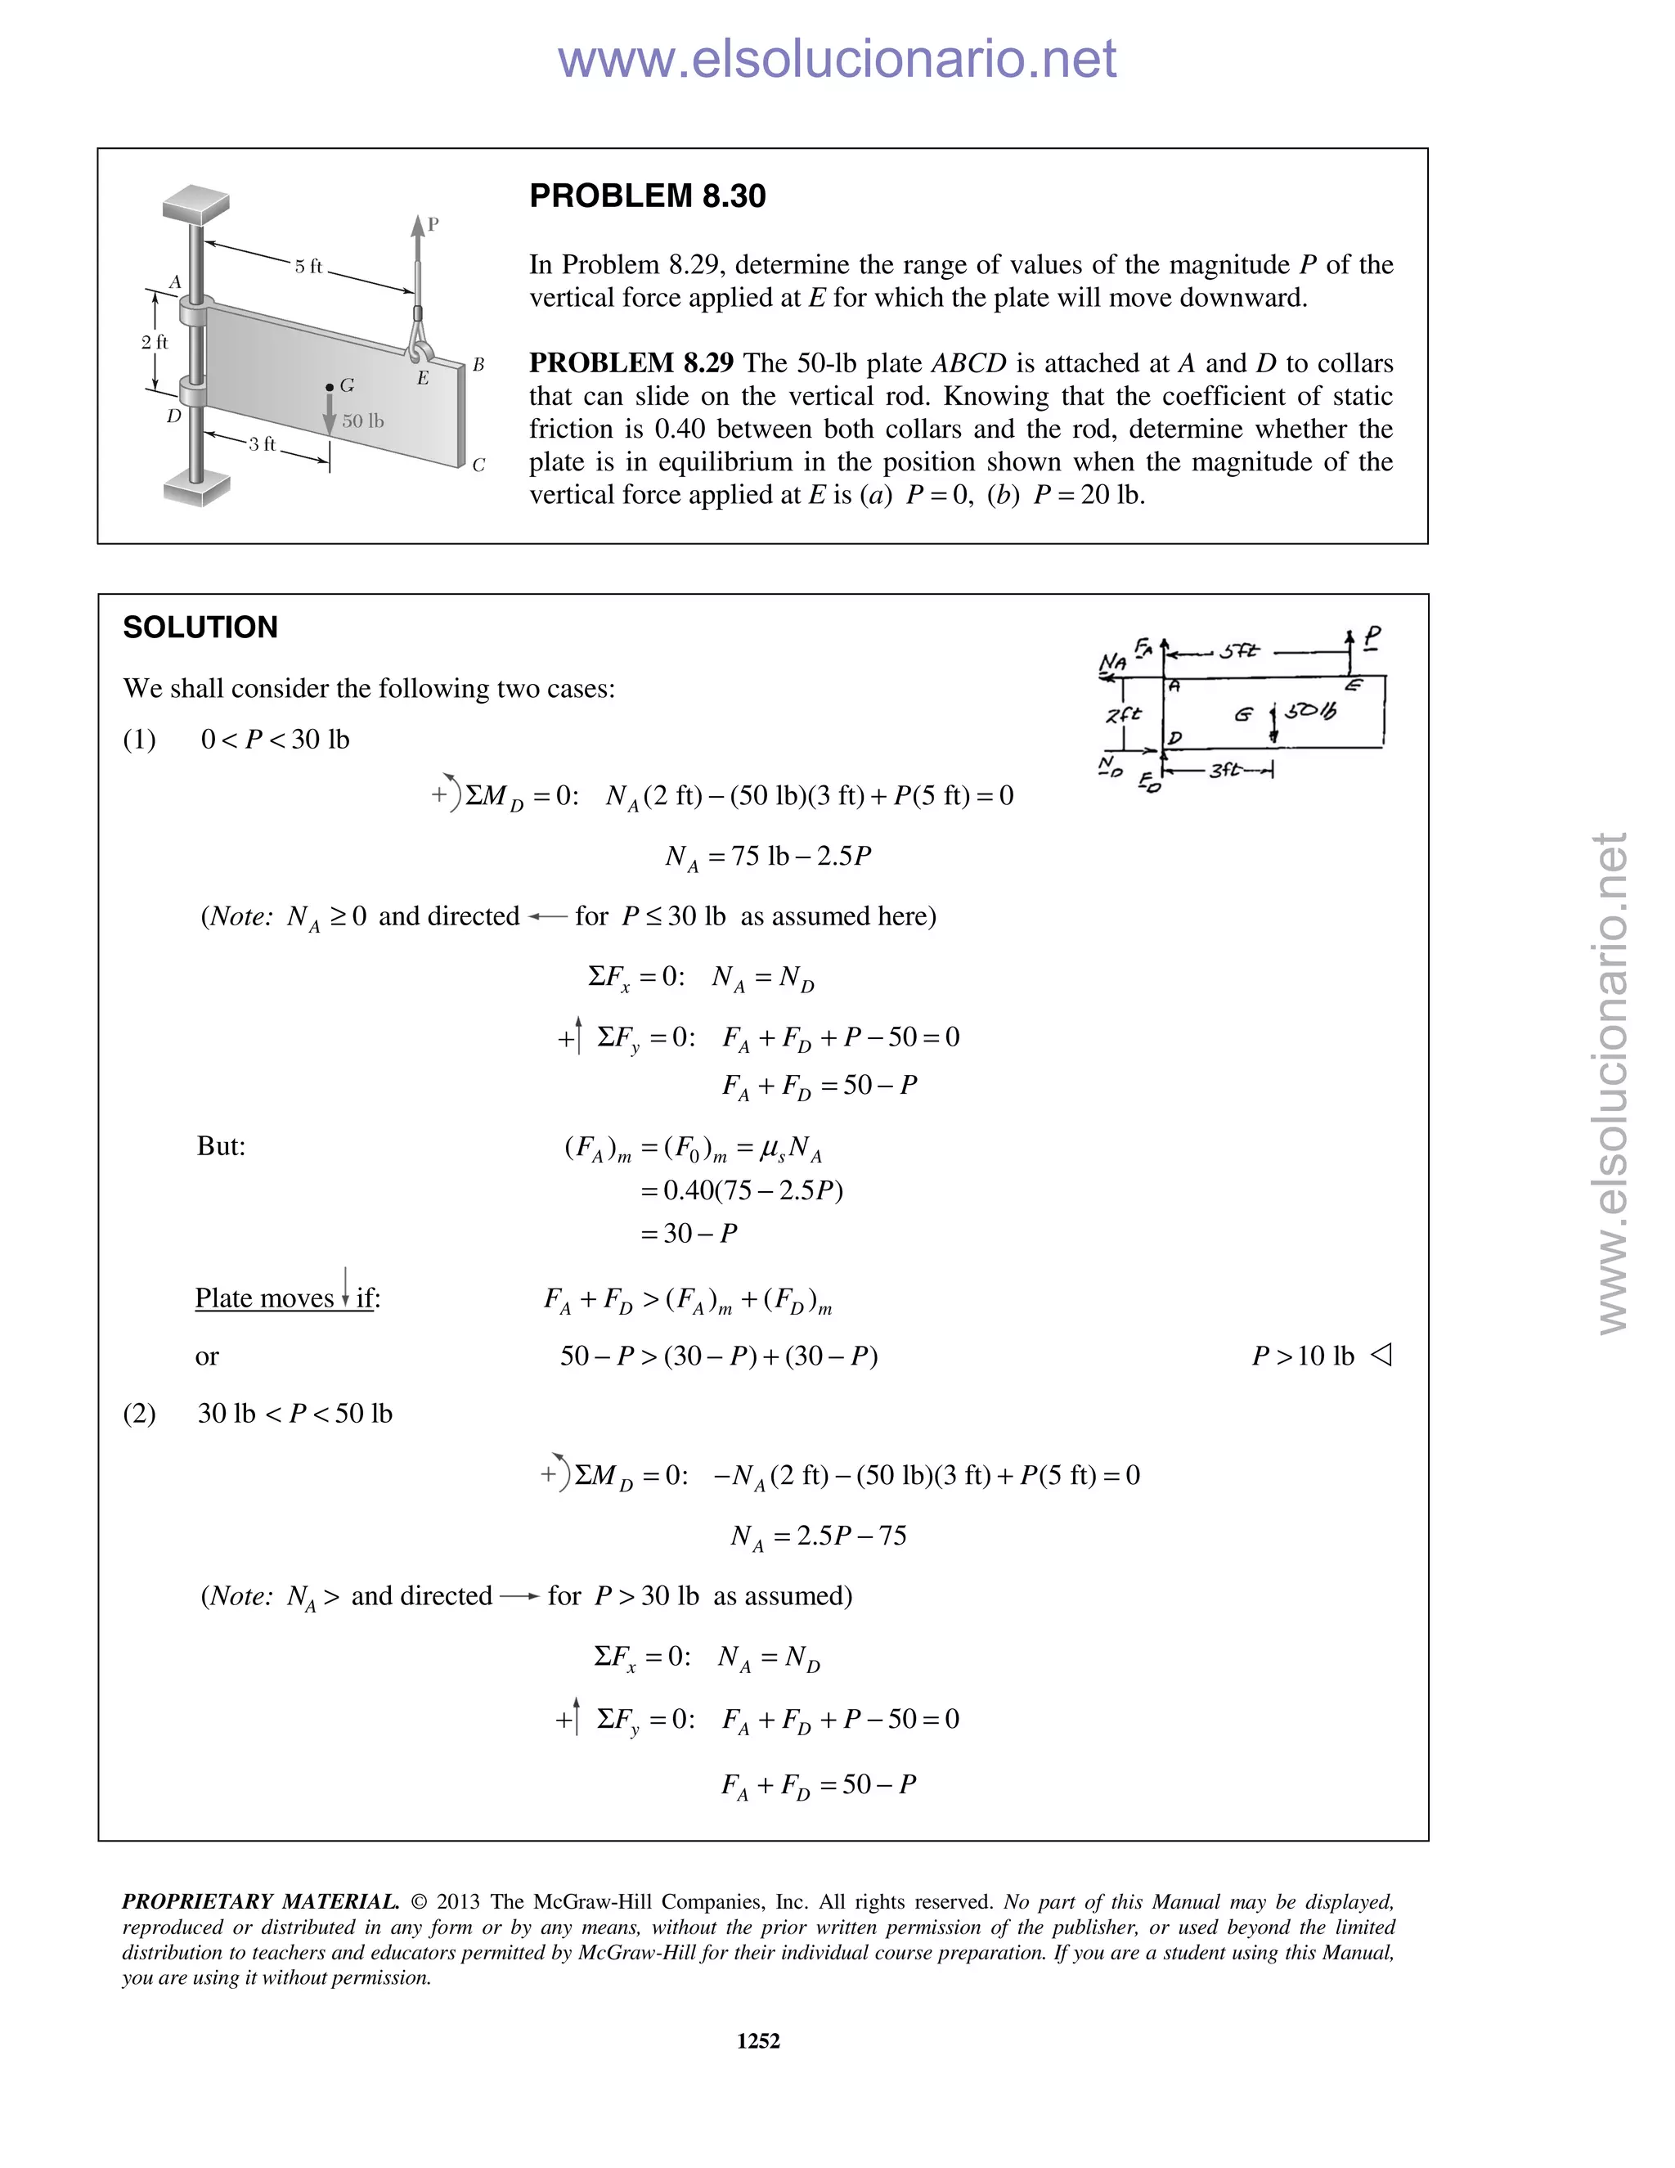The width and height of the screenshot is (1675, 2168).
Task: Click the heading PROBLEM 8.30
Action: coord(647,196)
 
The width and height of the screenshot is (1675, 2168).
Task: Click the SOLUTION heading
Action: coord(200,627)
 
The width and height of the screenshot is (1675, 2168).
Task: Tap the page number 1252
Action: coord(758,2041)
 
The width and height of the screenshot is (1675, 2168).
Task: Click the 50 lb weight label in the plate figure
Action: coord(362,421)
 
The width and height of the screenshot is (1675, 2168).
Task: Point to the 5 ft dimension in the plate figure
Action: coord(308,266)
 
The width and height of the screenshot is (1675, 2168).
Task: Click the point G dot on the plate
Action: coord(330,386)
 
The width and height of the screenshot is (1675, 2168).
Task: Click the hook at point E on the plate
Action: coord(420,349)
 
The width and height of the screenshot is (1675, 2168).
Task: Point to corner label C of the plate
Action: coord(478,465)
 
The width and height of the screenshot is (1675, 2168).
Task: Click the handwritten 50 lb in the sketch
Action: coord(1310,712)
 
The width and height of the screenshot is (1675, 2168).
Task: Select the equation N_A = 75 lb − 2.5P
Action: coord(767,857)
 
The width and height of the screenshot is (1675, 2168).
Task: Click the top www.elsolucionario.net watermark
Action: coord(837,60)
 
